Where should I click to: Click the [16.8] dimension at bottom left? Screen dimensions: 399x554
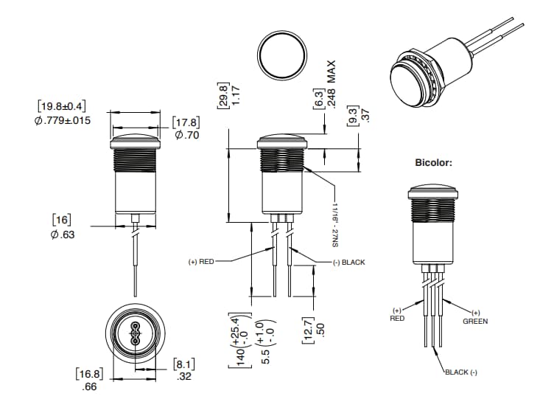88,374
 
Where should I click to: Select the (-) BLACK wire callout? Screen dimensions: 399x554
348,262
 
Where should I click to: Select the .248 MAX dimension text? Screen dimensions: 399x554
331,84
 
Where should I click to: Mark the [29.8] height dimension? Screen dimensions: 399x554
222,95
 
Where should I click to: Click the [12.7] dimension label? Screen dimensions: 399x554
309,325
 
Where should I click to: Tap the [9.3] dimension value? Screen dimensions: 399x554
352,115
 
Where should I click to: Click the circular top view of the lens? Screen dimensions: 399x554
281,55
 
